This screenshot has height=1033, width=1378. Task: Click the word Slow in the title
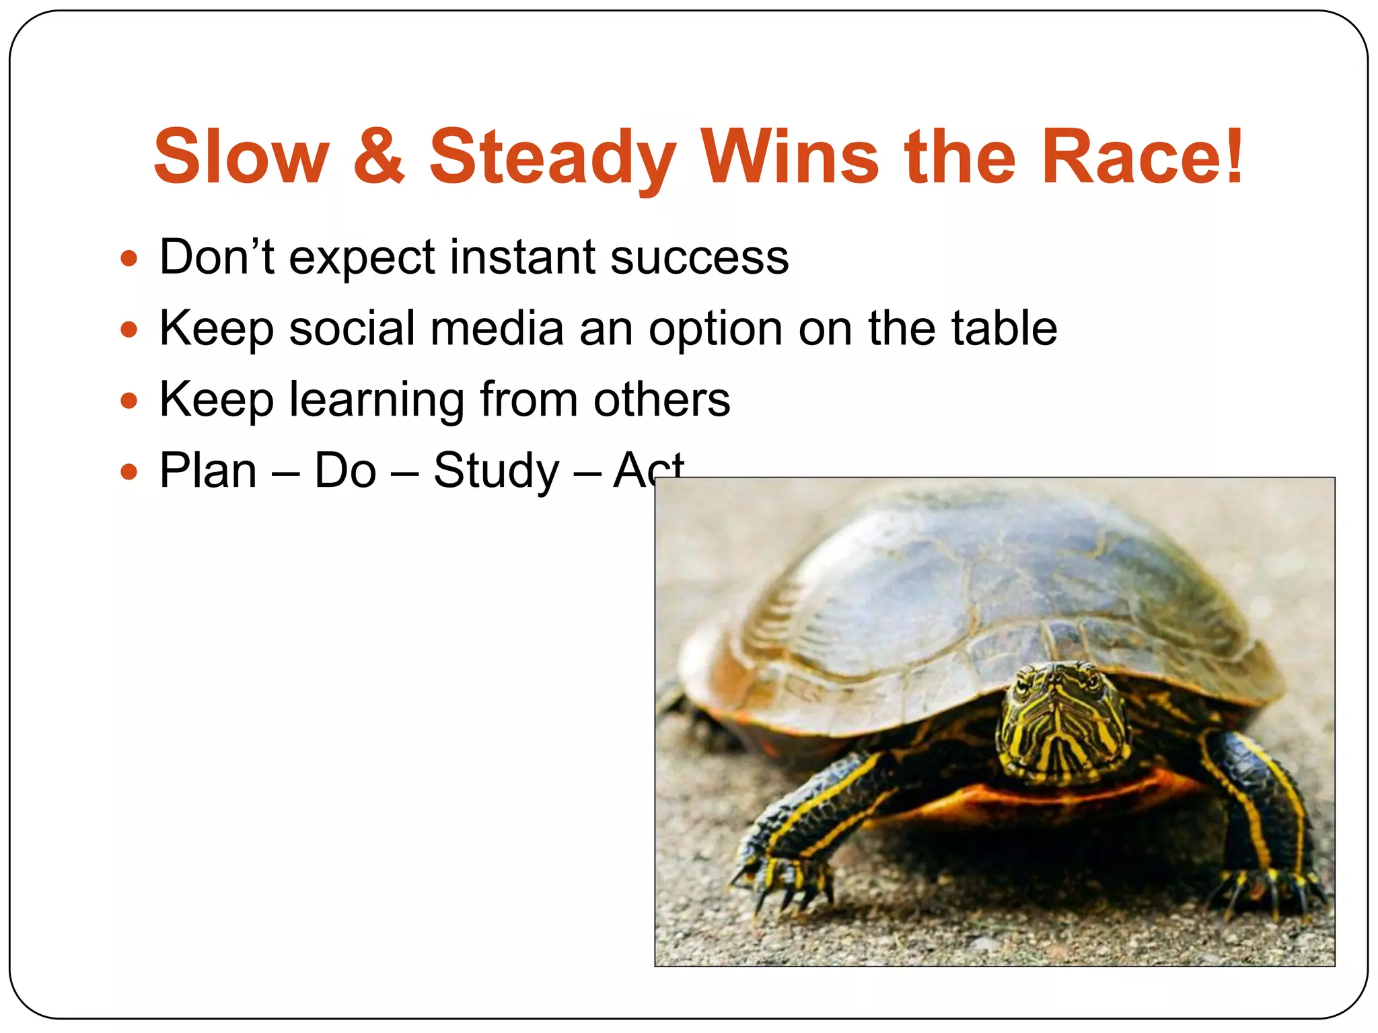pos(242,157)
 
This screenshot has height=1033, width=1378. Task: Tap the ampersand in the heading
pos(379,157)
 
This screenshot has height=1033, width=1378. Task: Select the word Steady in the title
pos(552,158)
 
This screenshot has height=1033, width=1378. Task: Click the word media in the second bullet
pos(497,329)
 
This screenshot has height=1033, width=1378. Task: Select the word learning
pos(377,401)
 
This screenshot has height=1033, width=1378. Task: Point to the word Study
pos(496,472)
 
